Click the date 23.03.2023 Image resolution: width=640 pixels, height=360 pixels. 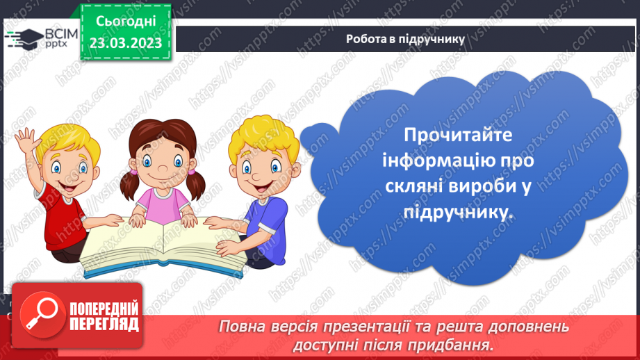click(x=125, y=42)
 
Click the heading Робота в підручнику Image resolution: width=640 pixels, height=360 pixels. click(x=405, y=39)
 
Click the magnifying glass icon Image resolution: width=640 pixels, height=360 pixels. click(x=38, y=312)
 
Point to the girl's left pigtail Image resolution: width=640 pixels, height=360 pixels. click(x=129, y=184)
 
